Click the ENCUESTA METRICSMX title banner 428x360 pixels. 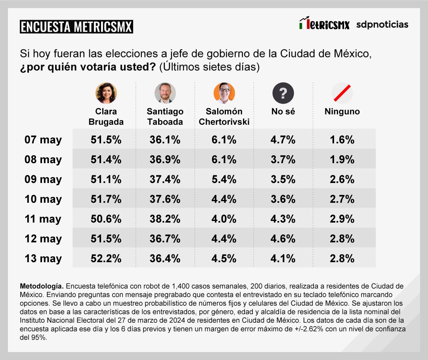pos(76,27)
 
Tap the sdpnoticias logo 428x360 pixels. pos(382,25)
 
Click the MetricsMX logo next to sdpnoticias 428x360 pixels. pos(325,25)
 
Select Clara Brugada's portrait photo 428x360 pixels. pos(106,93)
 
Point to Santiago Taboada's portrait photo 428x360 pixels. pos(165,93)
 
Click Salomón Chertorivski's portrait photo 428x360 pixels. pos(224,93)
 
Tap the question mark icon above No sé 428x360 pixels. pos(283,93)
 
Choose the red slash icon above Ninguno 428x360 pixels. pos(342,93)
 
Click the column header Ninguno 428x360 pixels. pos(342,112)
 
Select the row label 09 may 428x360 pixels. pos(43,179)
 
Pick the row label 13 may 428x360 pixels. pos(43,259)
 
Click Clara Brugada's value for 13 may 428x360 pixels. pos(106,259)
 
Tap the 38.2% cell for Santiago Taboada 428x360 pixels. pos(165,219)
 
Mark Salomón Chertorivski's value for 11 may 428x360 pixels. pos(224,219)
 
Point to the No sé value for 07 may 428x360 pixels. pos(283,140)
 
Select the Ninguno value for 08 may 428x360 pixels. pos(342,160)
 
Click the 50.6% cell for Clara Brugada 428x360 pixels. pos(106,219)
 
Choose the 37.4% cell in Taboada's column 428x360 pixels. pos(165,179)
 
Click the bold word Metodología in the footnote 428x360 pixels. pos(41,286)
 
